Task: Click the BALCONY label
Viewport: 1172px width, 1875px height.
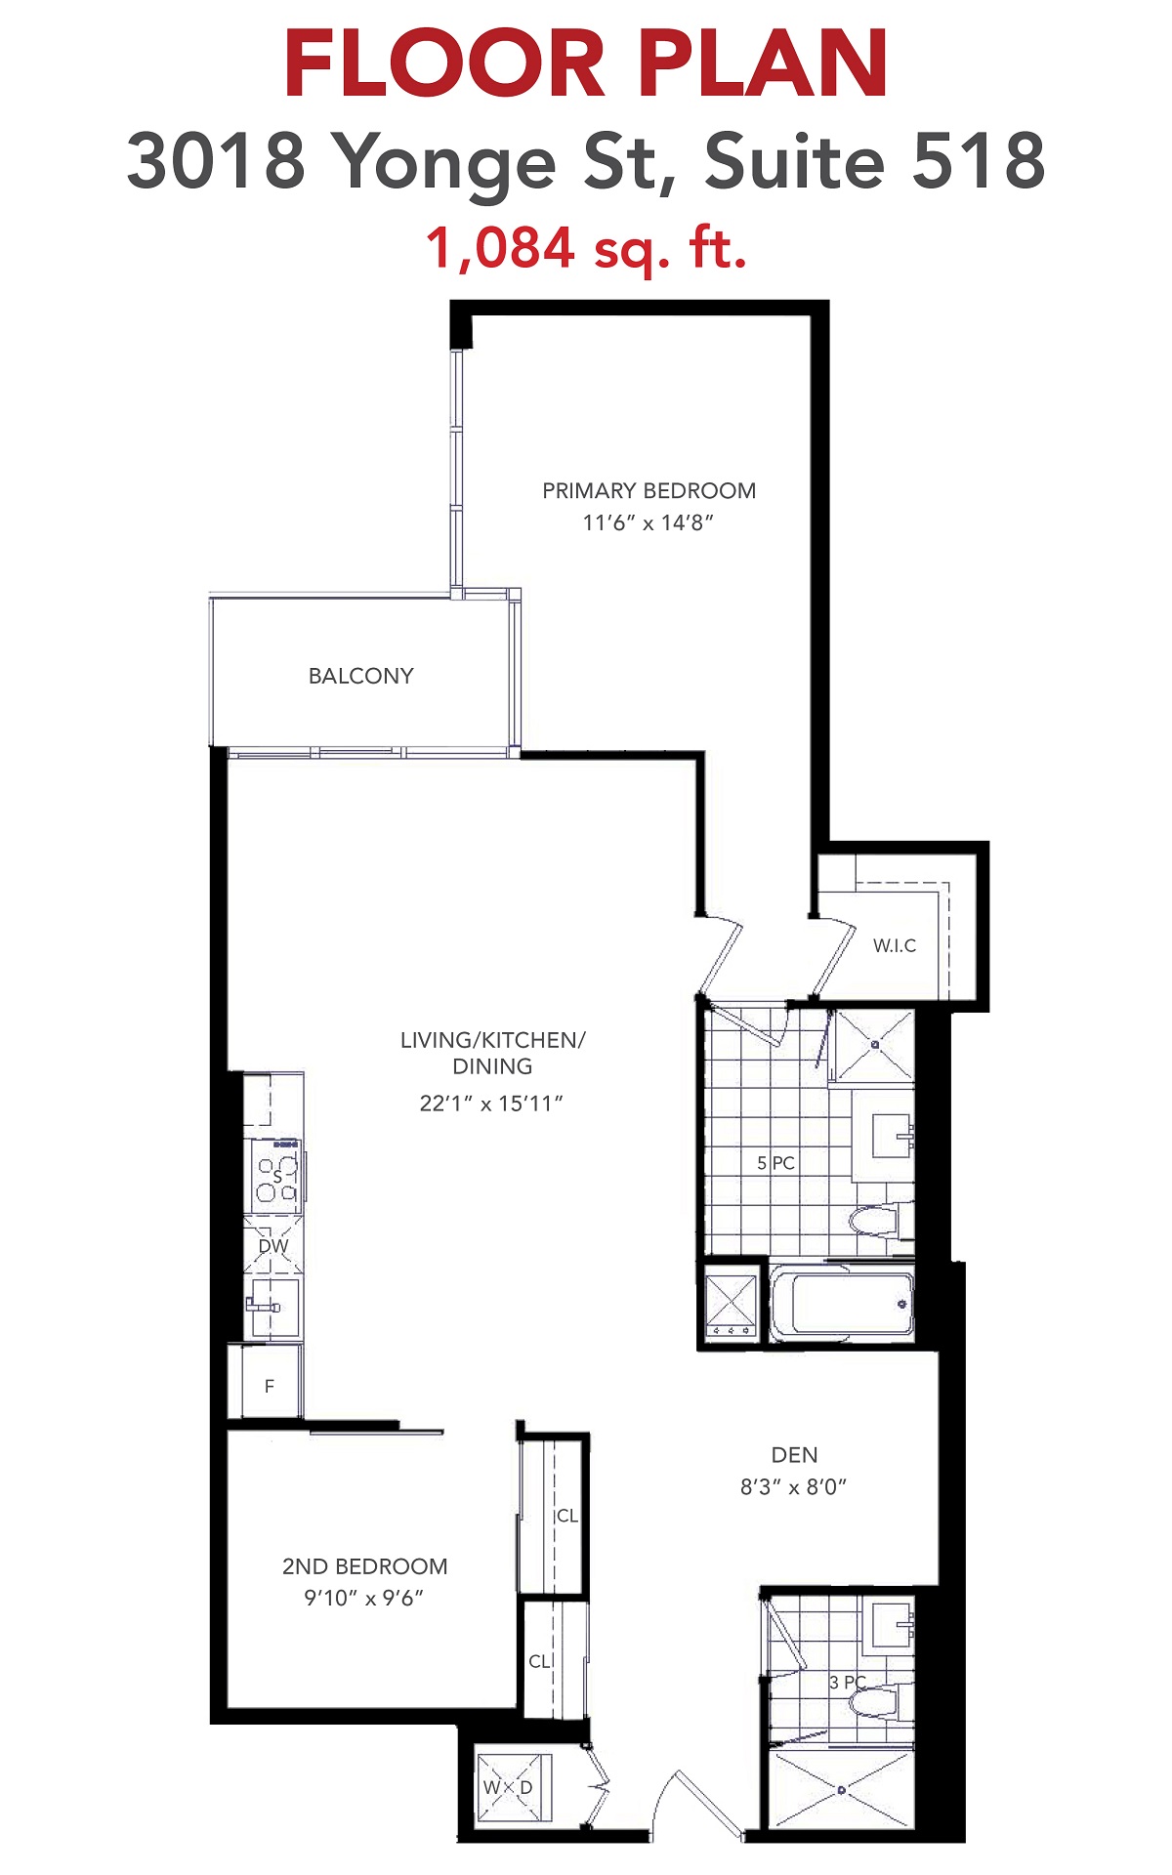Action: coord(360,676)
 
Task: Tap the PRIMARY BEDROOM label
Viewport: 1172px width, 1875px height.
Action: coord(649,490)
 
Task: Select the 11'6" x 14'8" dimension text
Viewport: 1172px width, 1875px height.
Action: coord(649,522)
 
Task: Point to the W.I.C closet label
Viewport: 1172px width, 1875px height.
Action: coord(895,945)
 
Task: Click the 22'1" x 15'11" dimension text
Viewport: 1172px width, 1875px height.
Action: coord(492,1104)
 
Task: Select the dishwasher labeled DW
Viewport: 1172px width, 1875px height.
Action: coord(273,1245)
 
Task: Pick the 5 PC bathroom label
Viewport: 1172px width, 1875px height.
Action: coord(776,1163)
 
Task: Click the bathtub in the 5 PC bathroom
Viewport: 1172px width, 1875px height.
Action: coord(842,1303)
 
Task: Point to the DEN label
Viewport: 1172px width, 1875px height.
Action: coord(795,1455)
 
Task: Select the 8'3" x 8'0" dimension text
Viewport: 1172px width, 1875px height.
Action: coord(794,1487)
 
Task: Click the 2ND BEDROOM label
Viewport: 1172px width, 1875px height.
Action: coord(365,1566)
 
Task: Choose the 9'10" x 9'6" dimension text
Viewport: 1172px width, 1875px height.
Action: coord(364,1599)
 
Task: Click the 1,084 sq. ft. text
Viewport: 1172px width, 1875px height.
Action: coord(586,248)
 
